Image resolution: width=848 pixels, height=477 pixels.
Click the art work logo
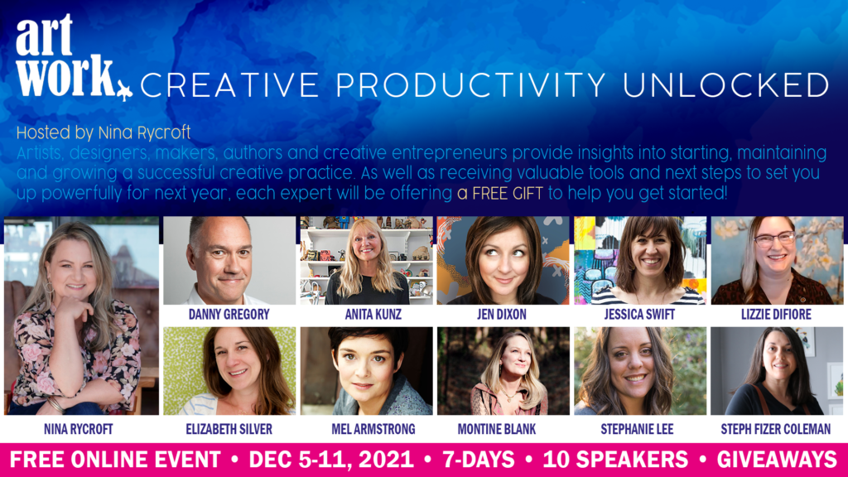tap(74, 57)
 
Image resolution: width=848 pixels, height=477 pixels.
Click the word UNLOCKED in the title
tap(726, 85)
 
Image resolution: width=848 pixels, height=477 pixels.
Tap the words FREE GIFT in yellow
tap(499, 193)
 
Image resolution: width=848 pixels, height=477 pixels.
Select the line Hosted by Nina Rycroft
tap(104, 132)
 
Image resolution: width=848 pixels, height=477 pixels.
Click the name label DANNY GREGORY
tap(229, 314)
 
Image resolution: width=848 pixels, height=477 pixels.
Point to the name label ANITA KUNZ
tap(373, 314)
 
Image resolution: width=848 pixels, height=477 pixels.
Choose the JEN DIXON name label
tap(501, 314)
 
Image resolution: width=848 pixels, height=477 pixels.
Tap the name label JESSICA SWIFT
tap(639, 314)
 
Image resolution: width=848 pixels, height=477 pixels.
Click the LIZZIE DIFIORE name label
tap(776, 314)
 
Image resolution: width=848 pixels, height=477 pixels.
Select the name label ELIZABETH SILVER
tap(229, 430)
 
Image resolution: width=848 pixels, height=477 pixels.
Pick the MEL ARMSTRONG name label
tap(373, 430)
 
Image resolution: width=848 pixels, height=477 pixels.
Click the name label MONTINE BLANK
tap(497, 430)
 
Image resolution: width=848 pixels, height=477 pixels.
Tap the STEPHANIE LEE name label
tap(637, 430)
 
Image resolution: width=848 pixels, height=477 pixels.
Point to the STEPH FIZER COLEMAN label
tap(775, 430)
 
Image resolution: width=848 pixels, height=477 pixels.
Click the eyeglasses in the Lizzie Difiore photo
tap(774, 238)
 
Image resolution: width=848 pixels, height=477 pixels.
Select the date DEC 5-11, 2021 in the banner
tap(331, 460)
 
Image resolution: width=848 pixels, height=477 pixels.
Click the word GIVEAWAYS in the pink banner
tap(777, 460)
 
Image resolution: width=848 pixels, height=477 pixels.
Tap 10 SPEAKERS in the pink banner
tap(615, 460)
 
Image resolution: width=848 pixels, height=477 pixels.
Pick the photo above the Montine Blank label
tap(503, 371)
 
